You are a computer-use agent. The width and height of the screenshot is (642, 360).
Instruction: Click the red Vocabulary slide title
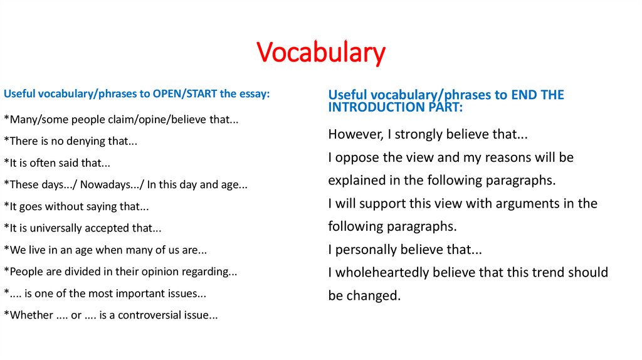tap(321, 53)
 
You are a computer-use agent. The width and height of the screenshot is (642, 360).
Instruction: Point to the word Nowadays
tap(110, 184)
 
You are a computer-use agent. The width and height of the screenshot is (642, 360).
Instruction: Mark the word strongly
tap(411, 134)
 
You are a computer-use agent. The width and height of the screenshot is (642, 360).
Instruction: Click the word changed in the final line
tap(374, 295)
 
